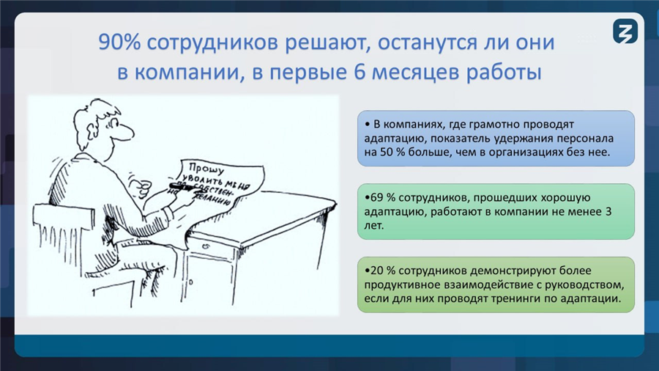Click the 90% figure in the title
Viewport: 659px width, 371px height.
[120, 43]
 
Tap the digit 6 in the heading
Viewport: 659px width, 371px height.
[360, 72]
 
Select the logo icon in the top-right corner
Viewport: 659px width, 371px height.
[625, 31]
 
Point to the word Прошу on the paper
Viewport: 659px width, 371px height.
[206, 168]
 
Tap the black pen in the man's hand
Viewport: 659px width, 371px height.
[186, 187]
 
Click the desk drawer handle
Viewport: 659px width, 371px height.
[206, 246]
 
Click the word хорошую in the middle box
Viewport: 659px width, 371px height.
[567, 198]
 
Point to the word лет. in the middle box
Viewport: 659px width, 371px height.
[374, 226]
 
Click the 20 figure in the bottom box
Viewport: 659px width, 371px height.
[377, 271]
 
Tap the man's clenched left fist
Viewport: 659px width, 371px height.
[144, 186]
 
